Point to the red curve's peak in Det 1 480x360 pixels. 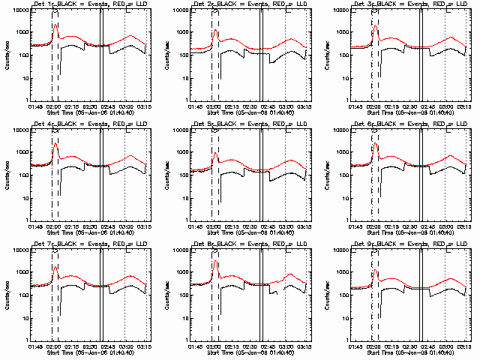pyautogui.click(x=55, y=25)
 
